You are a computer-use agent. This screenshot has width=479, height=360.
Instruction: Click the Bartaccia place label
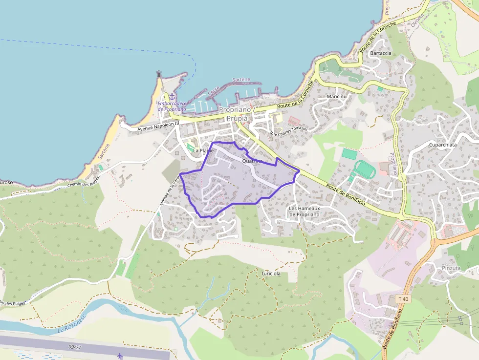click(381, 53)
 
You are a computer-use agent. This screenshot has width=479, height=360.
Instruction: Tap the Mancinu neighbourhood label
click(336, 97)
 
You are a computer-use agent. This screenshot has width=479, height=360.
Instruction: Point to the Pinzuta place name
click(451, 268)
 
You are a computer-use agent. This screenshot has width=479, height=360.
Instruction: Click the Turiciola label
click(271, 274)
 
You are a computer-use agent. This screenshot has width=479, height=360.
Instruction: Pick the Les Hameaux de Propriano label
click(304, 212)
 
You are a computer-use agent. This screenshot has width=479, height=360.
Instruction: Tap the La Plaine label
click(203, 150)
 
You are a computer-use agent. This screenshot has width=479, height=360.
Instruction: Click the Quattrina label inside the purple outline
click(252, 161)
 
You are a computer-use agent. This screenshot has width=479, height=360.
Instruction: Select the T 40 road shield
click(403, 298)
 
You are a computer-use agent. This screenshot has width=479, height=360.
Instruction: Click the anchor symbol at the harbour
click(172, 97)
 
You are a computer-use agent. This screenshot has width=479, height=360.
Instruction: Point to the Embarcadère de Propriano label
click(172, 106)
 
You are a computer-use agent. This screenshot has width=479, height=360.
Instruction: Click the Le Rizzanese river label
click(71, 324)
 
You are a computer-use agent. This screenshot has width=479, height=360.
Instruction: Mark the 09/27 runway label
click(75, 347)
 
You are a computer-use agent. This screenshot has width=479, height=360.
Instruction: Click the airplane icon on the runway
click(120, 356)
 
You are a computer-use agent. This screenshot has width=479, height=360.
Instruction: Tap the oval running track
click(365, 169)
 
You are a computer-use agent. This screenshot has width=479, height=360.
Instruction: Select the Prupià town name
click(237, 118)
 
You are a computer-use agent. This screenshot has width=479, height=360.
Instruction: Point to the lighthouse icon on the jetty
click(159, 74)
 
